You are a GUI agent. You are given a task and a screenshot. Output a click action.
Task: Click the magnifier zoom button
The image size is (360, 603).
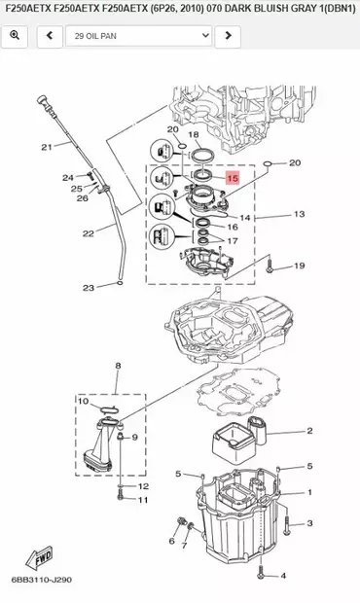click(x=15, y=36)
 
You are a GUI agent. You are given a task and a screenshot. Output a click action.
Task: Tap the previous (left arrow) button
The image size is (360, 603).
click(x=50, y=36)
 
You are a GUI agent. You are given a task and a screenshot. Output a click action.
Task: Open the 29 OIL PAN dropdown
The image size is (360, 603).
click(x=139, y=36)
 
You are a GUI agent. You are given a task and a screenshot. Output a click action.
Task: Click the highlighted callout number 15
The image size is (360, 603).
click(x=233, y=178)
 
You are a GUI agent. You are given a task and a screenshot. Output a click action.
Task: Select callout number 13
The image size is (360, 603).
click(x=299, y=214)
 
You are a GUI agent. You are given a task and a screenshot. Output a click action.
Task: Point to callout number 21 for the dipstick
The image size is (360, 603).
click(x=47, y=147)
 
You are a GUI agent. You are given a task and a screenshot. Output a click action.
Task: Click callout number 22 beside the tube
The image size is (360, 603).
click(x=89, y=233)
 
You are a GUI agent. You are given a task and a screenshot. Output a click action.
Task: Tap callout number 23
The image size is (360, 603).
click(x=89, y=287)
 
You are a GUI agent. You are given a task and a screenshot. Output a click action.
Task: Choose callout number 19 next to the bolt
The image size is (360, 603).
click(x=300, y=266)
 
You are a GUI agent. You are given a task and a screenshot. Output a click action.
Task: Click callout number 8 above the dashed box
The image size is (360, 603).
click(x=118, y=366)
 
